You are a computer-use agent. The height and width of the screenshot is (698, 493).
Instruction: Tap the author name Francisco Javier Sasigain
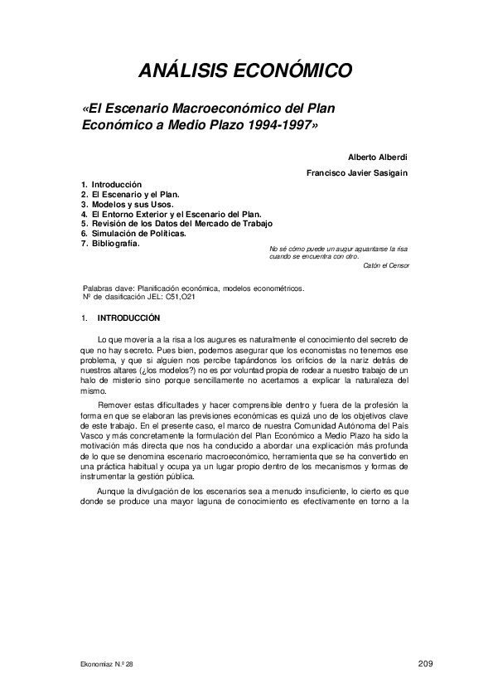(x=357, y=172)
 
